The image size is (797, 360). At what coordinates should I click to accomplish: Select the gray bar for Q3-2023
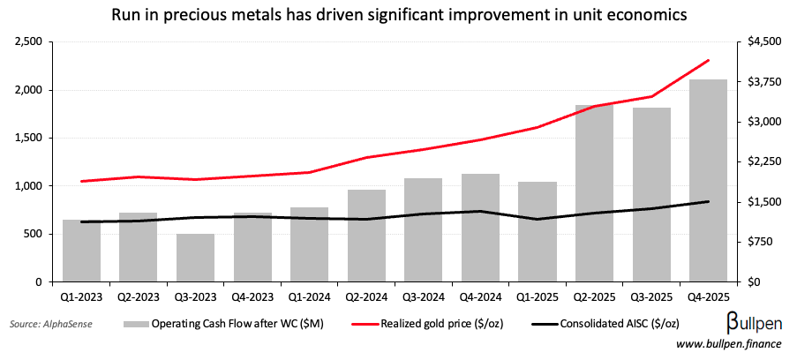[x=195, y=258]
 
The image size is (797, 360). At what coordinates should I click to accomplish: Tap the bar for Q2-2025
[x=594, y=193]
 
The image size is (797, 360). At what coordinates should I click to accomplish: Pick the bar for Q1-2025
[x=537, y=232]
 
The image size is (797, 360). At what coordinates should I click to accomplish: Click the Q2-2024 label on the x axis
[x=366, y=296]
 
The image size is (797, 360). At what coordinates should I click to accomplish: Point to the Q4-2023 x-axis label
[x=252, y=296]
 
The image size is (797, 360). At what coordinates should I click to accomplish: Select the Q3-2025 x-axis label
[x=650, y=296]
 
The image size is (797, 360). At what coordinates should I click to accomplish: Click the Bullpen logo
[x=756, y=319]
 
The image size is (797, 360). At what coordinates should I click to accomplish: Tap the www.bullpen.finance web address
[x=731, y=344]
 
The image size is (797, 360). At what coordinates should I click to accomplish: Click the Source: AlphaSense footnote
[x=50, y=325]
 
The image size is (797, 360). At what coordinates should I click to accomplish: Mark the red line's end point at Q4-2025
[x=708, y=61]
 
